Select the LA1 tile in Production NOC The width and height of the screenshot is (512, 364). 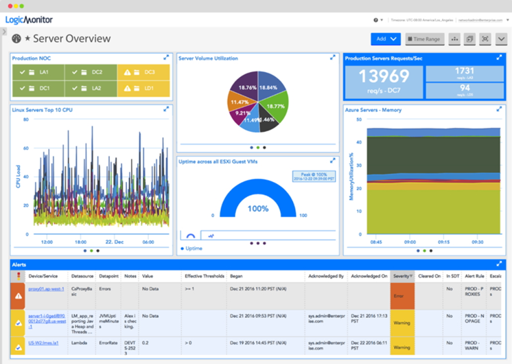click(x=39, y=71)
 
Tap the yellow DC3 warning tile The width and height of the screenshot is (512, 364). click(x=143, y=71)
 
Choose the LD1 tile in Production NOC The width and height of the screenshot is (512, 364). click(x=143, y=88)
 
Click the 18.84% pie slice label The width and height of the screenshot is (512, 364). click(x=268, y=88)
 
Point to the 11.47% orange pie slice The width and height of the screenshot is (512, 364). click(x=239, y=101)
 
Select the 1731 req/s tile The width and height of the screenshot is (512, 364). click(x=465, y=73)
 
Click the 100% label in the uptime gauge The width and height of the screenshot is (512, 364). click(x=258, y=208)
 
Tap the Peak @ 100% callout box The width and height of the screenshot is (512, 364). click(x=313, y=177)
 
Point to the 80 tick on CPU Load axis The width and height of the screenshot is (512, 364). click(x=25, y=120)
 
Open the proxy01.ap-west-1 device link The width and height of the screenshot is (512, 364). click(x=47, y=289)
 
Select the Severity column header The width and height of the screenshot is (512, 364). click(x=402, y=276)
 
